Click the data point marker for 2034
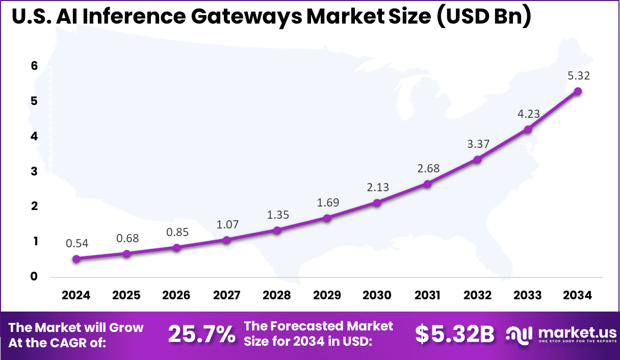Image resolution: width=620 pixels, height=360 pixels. pyautogui.click(x=578, y=91)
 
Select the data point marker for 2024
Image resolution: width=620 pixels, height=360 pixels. pyautogui.click(x=76, y=259)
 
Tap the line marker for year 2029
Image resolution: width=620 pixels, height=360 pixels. pyautogui.click(x=327, y=218)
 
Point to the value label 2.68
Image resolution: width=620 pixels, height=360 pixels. pyautogui.click(x=427, y=168)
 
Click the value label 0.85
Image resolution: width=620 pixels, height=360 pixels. pyautogui.click(x=177, y=232)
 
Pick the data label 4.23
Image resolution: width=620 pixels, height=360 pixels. pyautogui.click(x=528, y=114)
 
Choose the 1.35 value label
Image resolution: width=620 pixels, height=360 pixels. pyautogui.click(x=277, y=215)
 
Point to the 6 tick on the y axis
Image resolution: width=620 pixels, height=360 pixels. pyautogui.click(x=34, y=66)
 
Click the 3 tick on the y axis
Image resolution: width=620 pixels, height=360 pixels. pyautogui.click(x=34, y=171)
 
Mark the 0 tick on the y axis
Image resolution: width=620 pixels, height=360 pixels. pyautogui.click(x=34, y=277)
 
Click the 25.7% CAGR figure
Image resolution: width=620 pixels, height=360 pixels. pyautogui.click(x=201, y=335)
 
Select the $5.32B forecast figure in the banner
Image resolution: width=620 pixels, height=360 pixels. pyautogui.click(x=454, y=335)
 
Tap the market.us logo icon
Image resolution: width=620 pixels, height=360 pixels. pyautogui.click(x=519, y=335)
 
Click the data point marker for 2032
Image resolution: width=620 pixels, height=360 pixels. pyautogui.click(x=477, y=160)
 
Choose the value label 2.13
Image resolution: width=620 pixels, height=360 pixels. pyautogui.click(x=377, y=187)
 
